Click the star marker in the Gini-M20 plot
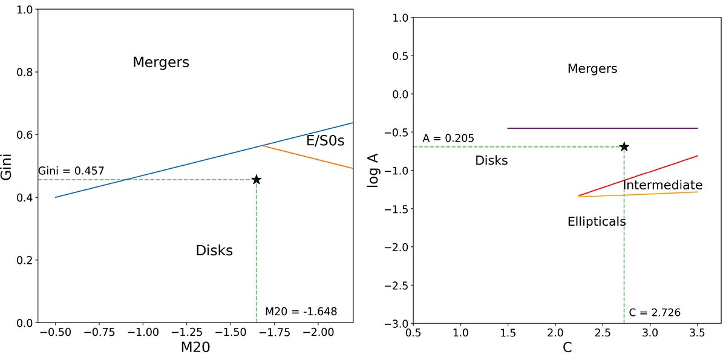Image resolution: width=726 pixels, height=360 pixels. point(257,180)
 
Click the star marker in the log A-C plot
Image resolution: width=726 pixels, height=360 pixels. point(624,147)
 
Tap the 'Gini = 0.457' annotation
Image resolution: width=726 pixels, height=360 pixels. point(71,171)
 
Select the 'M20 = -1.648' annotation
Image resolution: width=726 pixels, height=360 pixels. point(301,312)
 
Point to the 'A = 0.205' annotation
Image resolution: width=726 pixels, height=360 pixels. point(448,139)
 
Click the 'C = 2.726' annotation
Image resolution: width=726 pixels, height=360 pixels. point(655,313)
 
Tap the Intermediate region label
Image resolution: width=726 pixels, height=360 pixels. point(662,185)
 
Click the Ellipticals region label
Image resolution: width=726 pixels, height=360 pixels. point(597,221)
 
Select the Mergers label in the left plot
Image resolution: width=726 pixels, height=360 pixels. point(161,62)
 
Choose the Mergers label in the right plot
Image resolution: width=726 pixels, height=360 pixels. point(592,68)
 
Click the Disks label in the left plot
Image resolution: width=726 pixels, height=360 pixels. point(214,250)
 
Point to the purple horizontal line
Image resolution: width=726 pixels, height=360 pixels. point(602,128)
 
